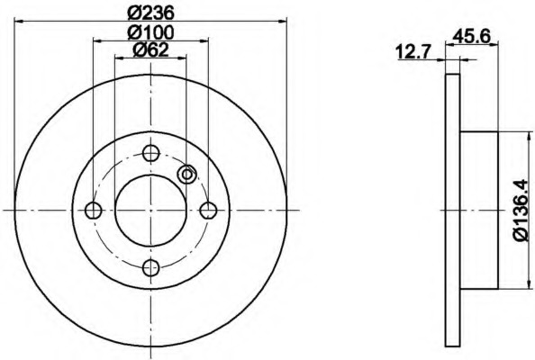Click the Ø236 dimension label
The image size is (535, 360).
(150, 13)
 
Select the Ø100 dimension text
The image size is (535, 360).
(150, 32)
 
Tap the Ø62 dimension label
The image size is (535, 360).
(150, 50)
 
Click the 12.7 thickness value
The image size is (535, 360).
(414, 53)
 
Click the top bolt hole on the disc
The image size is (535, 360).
(150, 153)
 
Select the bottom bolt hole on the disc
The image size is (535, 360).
(150, 267)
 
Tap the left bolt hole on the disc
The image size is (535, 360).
(93, 210)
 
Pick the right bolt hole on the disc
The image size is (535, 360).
(208, 210)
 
